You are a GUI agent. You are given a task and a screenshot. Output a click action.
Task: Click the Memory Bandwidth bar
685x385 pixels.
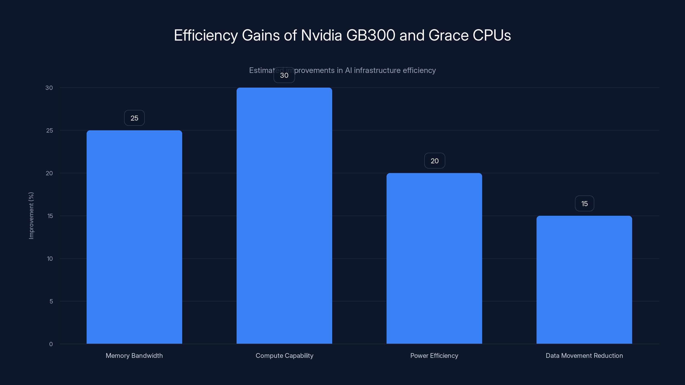click(134, 237)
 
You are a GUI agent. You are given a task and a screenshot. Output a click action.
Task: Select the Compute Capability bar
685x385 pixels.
click(284, 215)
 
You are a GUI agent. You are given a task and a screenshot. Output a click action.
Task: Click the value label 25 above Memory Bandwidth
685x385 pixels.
click(134, 118)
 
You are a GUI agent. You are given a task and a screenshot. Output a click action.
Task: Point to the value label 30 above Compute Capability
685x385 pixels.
click(284, 75)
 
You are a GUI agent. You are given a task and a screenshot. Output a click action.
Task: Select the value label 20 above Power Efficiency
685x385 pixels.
click(435, 161)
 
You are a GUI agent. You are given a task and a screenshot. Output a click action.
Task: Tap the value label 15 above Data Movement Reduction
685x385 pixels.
click(584, 204)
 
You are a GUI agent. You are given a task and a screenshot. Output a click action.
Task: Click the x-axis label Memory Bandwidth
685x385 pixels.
click(134, 355)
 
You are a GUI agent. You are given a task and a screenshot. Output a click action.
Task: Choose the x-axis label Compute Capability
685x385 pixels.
click(284, 355)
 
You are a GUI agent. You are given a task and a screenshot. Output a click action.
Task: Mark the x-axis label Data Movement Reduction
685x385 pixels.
click(584, 355)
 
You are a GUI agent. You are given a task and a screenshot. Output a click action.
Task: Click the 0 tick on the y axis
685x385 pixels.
click(51, 344)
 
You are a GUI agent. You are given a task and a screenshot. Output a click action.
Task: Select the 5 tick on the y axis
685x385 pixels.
click(51, 301)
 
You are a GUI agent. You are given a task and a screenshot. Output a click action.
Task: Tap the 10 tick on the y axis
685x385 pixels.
click(50, 259)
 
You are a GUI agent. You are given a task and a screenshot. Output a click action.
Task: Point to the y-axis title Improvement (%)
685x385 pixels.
click(31, 215)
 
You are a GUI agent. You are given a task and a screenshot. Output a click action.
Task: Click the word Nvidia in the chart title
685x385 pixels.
click(321, 35)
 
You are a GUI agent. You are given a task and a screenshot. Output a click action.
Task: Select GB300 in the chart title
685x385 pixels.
click(371, 35)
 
